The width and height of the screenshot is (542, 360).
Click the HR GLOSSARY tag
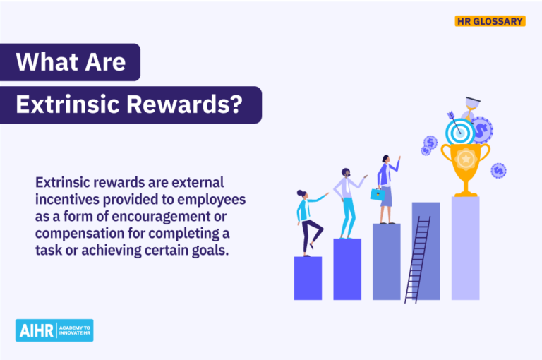(490, 21)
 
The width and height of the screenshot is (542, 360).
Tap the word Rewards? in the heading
(186, 105)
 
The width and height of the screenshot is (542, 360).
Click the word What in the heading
(43, 62)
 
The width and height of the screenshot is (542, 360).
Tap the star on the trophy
(466, 159)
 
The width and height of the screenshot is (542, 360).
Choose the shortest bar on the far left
(308, 278)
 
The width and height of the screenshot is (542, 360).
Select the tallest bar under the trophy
(466, 248)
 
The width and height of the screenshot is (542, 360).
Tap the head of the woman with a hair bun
(302, 194)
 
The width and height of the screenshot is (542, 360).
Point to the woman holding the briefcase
(386, 187)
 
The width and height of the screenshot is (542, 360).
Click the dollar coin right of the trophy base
(498, 170)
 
